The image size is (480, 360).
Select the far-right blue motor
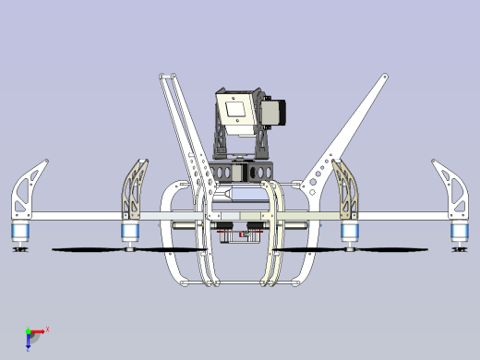coord(460,232)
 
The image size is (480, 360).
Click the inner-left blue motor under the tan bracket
coord(130,231)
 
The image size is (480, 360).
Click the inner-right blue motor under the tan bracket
coord(350,231)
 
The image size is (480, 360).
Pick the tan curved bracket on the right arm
coord(346,189)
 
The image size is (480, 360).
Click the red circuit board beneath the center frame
coord(238,233)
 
